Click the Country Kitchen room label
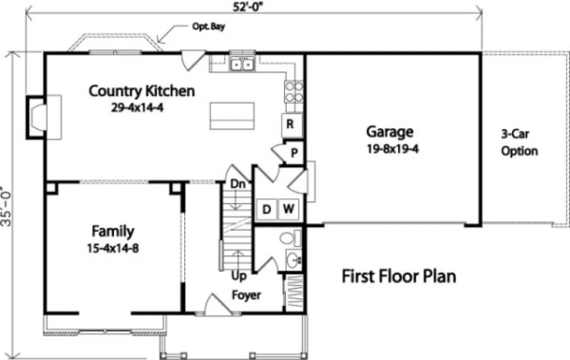pos(141,91)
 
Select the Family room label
pos(112,232)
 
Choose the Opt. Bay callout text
pos(208,26)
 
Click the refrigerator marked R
pos(290,124)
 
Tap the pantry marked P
pos(294,153)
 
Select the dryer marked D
pos(266,209)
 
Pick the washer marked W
pos(289,209)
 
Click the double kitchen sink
pos(242,65)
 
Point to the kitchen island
pos(233,115)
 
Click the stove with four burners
pos(293,92)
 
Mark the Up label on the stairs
pos(238,277)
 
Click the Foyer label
pos(246,295)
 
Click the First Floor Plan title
pos(399,276)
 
